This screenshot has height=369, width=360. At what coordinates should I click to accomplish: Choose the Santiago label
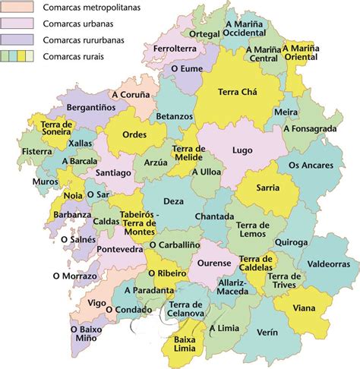pyautogui.click(x=114, y=173)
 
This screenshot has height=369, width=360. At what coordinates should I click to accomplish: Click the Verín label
pyautogui.click(x=267, y=332)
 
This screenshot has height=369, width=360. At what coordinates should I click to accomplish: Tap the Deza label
pyautogui.click(x=173, y=200)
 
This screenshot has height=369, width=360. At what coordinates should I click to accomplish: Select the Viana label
pyautogui.click(x=305, y=309)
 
